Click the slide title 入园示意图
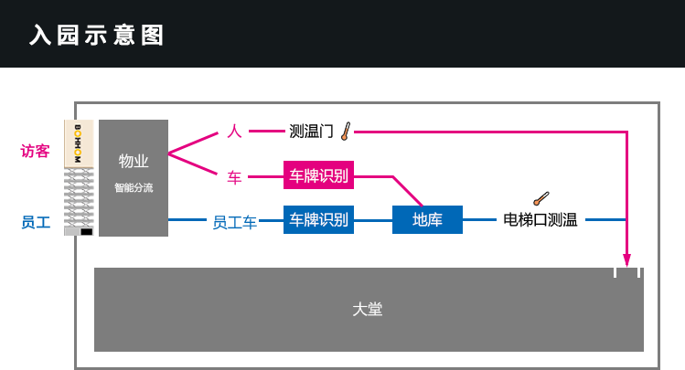coord(97,36)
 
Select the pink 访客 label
coord(36,151)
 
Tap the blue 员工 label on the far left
coord(36,222)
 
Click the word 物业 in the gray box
coord(134,161)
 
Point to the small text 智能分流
coord(134,188)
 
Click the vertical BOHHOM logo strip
coord(79,143)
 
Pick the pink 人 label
coord(234,132)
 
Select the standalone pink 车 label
coord(234,177)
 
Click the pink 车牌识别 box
coord(318,175)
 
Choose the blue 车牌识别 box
coord(318,219)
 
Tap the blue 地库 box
coord(427,219)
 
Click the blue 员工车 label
coord(234,222)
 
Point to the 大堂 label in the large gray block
coord(368,310)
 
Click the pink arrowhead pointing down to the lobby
coord(626,260)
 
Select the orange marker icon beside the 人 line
coord(346,132)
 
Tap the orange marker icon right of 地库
coord(541,198)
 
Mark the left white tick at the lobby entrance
coord(615,272)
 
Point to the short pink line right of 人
coord(267,132)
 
